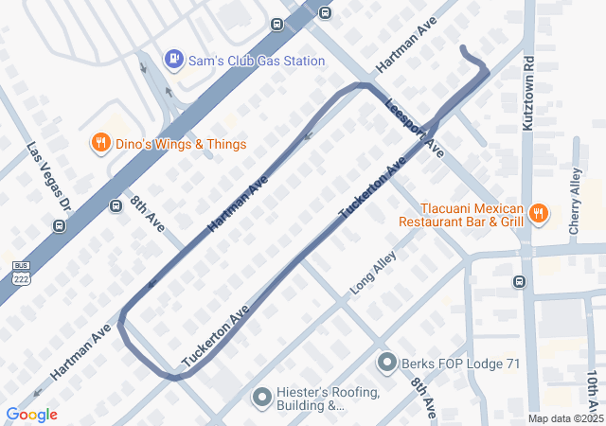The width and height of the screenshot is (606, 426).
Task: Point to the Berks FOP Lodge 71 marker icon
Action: [x=386, y=362]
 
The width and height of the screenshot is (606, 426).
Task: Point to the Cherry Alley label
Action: [x=576, y=201]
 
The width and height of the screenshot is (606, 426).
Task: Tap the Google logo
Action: [x=31, y=415]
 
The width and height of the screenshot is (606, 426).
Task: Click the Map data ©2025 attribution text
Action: [x=565, y=418]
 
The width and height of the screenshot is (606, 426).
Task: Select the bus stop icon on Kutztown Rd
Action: [x=519, y=281]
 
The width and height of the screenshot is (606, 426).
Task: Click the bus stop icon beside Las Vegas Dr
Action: [x=60, y=225]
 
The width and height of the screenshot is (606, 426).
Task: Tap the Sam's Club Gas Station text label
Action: [x=257, y=61]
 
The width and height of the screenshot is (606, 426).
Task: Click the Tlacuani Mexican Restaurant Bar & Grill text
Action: [x=460, y=215]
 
